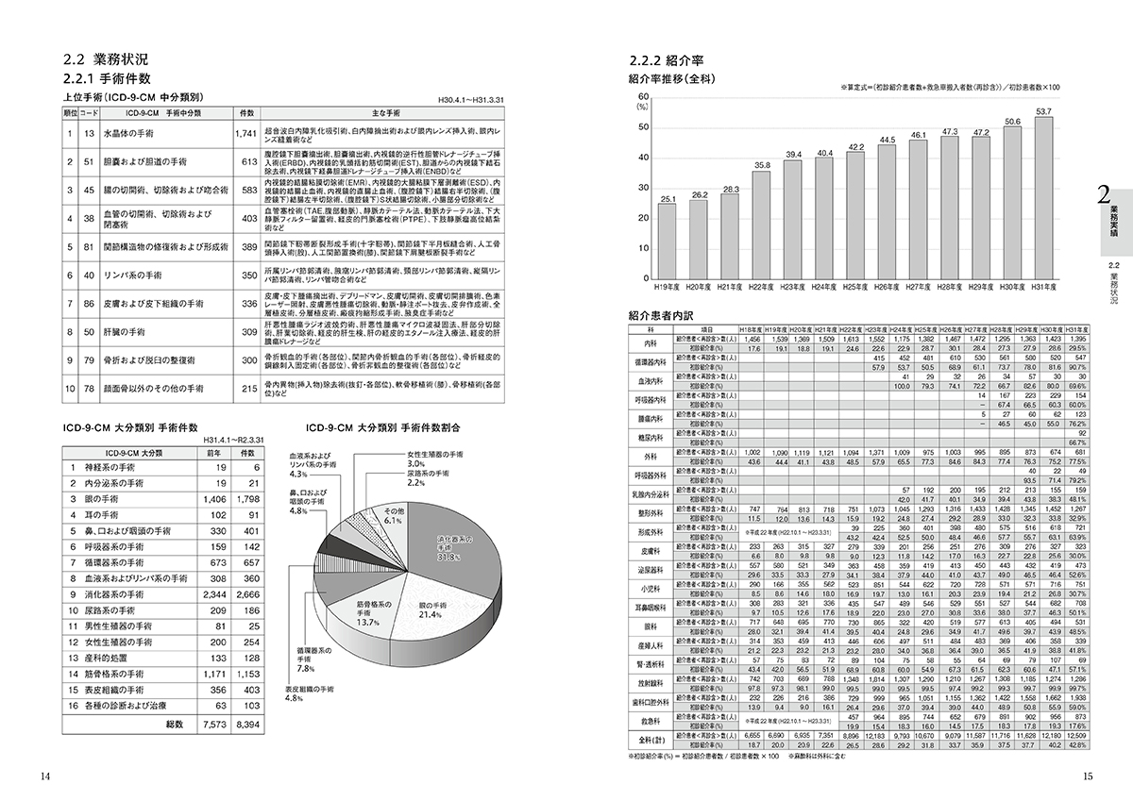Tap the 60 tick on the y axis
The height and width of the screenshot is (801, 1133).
pyautogui.click(x=643, y=96)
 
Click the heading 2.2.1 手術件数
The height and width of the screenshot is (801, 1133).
pyautogui.click(x=105, y=79)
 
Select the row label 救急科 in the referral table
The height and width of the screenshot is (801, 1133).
pyautogui.click(x=650, y=720)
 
